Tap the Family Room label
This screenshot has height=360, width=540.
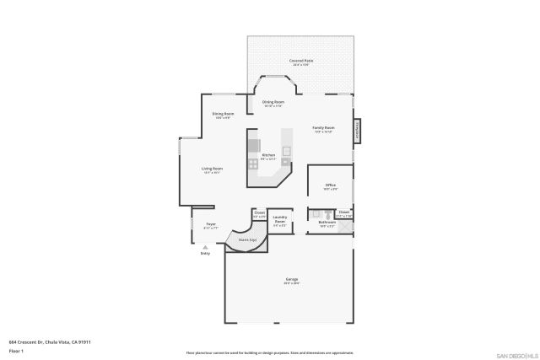pos(323,128)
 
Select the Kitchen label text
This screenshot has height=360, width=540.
pos(268,155)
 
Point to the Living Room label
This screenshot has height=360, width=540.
pos(211,169)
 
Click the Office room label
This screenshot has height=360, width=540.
pos(331,186)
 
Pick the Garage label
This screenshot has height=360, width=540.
pos(292,281)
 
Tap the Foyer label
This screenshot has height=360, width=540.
pos(211,224)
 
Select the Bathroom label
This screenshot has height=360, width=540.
pos(327,223)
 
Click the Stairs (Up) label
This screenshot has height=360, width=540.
pos(247,239)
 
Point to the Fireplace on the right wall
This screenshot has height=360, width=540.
pos(358,131)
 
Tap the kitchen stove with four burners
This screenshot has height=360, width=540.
pos(252,164)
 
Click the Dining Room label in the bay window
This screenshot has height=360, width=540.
pos(273,103)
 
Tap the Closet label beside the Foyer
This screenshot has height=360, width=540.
pos(260,214)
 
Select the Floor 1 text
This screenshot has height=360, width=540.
pos(16,350)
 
